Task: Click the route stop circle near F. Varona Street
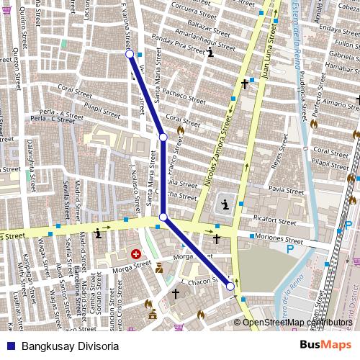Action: pyautogui.click(x=129, y=54)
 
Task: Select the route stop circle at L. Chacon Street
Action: pyautogui.click(x=230, y=287)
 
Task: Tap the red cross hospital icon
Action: pyautogui.click(x=136, y=253)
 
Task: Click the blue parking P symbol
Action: pyautogui.click(x=290, y=249)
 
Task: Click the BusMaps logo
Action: pyautogui.click(x=322, y=345)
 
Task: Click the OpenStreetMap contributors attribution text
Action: pyautogui.click(x=297, y=323)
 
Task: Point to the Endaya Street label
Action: pyautogui.click(x=341, y=30)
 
